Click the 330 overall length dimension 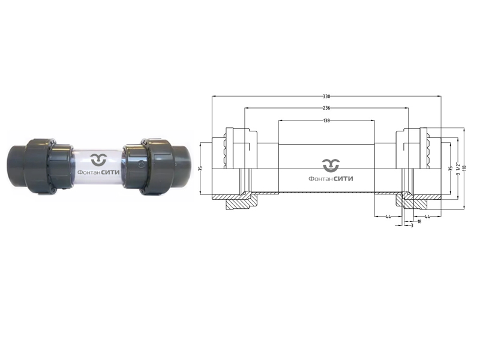(x=326, y=97)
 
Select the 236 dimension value (x=326, y=108)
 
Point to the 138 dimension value (x=326, y=121)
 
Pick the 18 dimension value (x=418, y=221)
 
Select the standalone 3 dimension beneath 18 (x=412, y=227)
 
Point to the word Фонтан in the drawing (x=319, y=178)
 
